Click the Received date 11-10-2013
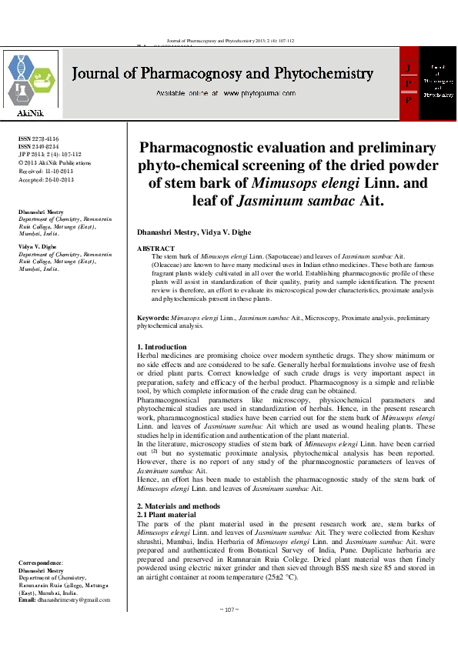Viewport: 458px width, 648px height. [x=59, y=172]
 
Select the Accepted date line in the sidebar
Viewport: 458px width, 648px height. [x=45, y=179]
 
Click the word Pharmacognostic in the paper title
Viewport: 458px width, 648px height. [x=207, y=148]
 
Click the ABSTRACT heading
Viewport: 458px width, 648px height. [x=155, y=249]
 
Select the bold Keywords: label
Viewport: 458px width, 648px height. [x=153, y=317]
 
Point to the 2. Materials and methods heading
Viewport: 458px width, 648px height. [x=178, y=506]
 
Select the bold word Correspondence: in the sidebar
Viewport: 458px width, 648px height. [x=41, y=564]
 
